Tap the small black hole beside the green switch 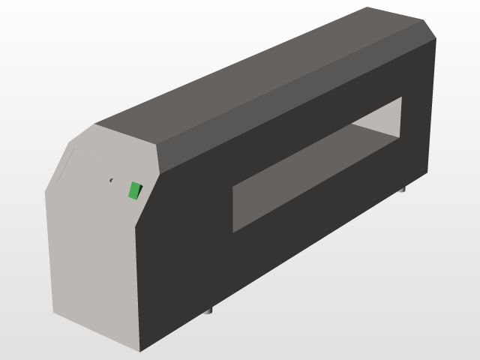[112, 180]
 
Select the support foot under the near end [209, 309]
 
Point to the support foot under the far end [402, 190]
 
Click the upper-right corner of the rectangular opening [402, 97]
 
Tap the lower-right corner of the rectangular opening [402, 137]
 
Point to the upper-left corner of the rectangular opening [233, 183]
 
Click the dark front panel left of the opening [184, 247]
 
